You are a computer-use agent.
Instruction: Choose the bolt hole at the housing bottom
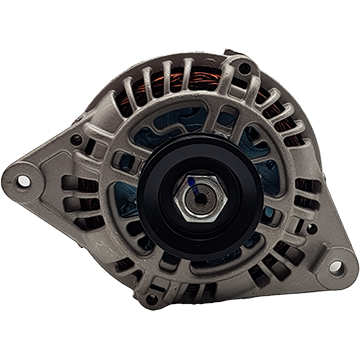[x=152, y=297]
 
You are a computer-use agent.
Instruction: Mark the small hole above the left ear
[x=76, y=138]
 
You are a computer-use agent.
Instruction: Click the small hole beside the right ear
[x=311, y=228]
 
